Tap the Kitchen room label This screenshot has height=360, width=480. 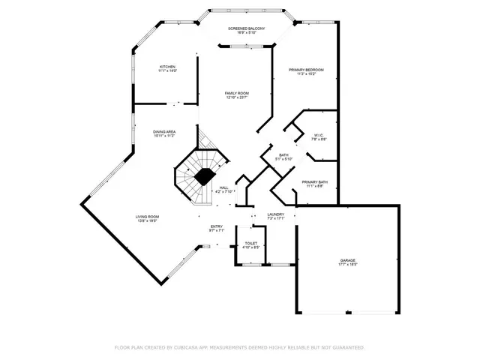pyautogui.click(x=167, y=67)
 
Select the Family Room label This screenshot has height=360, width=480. pyautogui.click(x=237, y=93)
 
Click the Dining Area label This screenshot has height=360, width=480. pyautogui.click(x=164, y=131)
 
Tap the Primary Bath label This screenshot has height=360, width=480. pyautogui.click(x=314, y=181)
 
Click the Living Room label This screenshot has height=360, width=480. pyautogui.click(x=148, y=217)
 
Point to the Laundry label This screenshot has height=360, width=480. pyautogui.click(x=275, y=214)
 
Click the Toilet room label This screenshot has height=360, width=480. pyautogui.click(x=250, y=243)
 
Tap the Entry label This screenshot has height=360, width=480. pyautogui.click(x=216, y=226)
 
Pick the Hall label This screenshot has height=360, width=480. pyautogui.click(x=223, y=188)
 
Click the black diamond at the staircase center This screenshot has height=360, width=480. pyautogui.click(x=202, y=175)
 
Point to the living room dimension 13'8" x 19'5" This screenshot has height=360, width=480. pyautogui.click(x=148, y=221)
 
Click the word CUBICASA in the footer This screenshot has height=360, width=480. pyautogui.click(x=191, y=347)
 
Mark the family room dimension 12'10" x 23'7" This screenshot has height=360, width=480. pyautogui.click(x=237, y=97)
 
